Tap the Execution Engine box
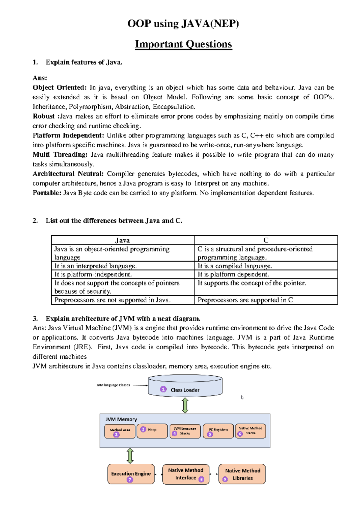[131, 474]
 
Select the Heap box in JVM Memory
[152, 431]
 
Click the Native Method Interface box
[186, 474]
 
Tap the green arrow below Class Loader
[185, 405]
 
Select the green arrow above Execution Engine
[130, 456]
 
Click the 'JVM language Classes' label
[113, 385]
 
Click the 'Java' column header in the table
[122, 240]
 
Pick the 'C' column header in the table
[266, 240]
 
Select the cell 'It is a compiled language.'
[235, 266]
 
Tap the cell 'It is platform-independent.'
[93, 274]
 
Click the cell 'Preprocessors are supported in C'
[245, 300]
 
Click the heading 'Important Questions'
[183, 44]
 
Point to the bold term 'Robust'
[43, 116]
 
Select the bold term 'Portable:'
[47, 193]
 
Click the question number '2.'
[35, 221]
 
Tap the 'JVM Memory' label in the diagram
[121, 419]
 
